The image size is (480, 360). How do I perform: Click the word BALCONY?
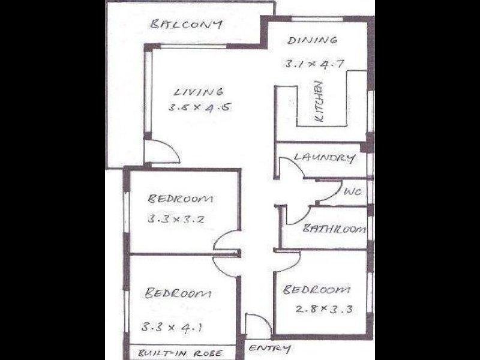tap(187, 25)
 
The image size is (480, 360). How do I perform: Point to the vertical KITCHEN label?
tap(320, 103)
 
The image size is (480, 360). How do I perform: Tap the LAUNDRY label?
tap(323, 158)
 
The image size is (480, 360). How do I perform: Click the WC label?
tap(351, 192)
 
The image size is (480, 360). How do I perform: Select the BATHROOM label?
tap(334, 229)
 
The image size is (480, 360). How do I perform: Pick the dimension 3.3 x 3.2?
tap(177, 219)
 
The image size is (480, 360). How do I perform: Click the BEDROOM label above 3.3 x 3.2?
tap(181, 199)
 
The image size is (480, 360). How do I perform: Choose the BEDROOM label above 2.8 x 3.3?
tap(316, 290)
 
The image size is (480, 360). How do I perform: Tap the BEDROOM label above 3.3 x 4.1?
tap(178, 293)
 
